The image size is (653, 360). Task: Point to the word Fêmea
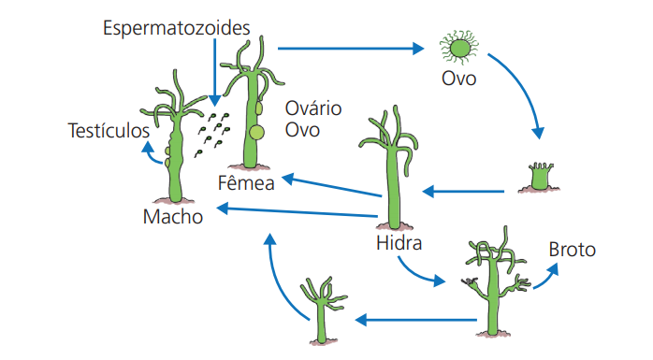point(246,182)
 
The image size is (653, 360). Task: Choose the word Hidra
point(399,245)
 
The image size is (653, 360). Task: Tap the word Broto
point(572,250)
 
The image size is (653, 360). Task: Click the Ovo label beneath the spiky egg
point(459,79)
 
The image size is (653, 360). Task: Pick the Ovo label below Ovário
point(302,129)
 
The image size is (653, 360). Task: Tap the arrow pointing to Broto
point(548,272)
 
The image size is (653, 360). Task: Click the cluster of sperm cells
point(211,134)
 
